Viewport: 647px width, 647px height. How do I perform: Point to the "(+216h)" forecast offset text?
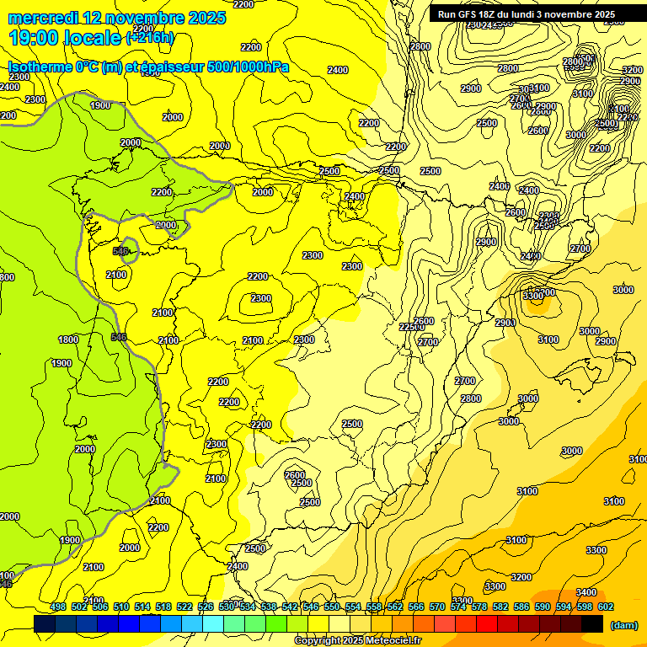[x=149, y=38]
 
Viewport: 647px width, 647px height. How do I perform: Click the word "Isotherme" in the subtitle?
[x=40, y=67]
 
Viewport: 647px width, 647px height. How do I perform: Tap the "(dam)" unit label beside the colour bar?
[x=623, y=625]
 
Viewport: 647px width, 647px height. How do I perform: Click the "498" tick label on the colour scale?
[x=58, y=607]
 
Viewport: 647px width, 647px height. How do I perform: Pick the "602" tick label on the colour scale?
[x=606, y=607]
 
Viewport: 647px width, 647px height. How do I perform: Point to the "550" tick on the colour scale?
[x=332, y=607]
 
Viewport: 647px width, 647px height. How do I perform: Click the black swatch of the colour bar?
[x=592, y=624]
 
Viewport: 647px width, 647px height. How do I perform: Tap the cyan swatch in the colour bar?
[x=213, y=624]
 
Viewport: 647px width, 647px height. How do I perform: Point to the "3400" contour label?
[x=586, y=592]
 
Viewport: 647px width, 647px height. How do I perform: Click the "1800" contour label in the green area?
[x=68, y=340]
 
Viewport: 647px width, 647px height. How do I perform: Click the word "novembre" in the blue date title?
[x=136, y=17]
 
